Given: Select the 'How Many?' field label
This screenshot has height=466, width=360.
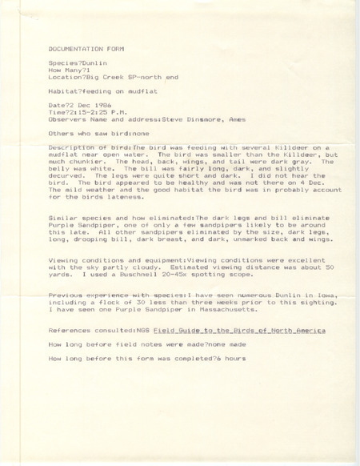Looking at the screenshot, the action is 62,70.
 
